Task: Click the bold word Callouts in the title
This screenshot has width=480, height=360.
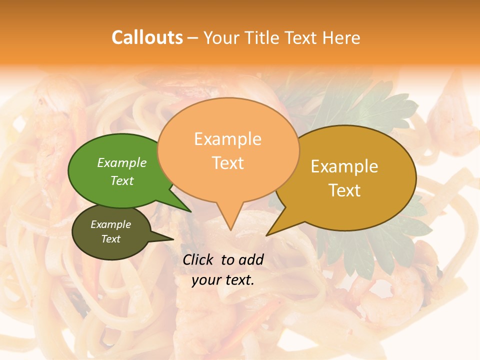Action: pos(147,37)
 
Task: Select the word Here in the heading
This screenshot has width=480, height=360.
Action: pos(341,37)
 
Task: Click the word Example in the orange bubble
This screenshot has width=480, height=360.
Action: pos(227,139)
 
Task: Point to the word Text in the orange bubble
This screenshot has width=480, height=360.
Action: pos(227,163)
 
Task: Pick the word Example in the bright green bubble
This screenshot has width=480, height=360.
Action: pos(122,162)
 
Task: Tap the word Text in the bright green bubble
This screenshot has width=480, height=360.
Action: pos(122,180)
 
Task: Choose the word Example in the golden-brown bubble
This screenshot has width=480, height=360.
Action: pos(344,166)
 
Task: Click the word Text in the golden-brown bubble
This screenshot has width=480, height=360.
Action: pos(344,190)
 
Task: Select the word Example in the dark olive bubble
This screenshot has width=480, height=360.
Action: pos(110,224)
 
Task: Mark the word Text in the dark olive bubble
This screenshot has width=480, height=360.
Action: pos(110,239)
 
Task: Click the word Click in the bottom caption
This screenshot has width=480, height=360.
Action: pos(198,259)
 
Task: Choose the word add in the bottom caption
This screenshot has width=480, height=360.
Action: pos(251,259)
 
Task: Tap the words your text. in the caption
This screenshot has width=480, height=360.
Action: pos(223,280)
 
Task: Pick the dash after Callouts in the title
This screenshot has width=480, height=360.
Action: pos(193,38)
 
